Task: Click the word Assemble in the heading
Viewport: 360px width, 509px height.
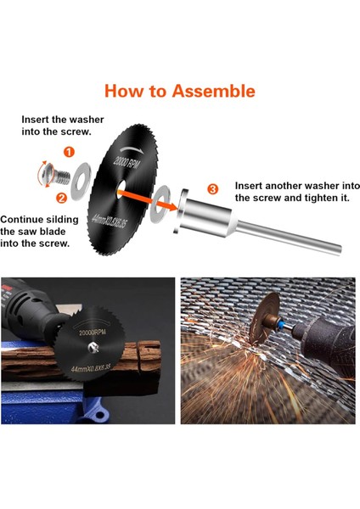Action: coord(213,91)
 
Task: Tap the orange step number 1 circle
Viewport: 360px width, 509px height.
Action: coord(69,152)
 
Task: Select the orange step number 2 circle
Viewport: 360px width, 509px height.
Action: coord(61,198)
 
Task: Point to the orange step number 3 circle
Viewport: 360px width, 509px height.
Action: coord(212,189)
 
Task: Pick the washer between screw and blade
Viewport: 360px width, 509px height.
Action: coord(81,182)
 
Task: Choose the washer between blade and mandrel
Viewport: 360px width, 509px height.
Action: coord(160,204)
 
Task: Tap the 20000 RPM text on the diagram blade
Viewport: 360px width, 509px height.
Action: coord(126,162)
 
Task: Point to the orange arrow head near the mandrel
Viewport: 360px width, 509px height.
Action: coord(172,206)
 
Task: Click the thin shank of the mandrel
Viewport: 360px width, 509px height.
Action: coord(288,238)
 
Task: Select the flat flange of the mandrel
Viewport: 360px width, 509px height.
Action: coord(181,211)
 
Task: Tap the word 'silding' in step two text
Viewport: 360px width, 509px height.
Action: coord(62,220)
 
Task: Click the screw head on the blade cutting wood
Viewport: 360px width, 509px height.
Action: coord(94,348)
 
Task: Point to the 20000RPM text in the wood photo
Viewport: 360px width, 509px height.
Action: coord(93,333)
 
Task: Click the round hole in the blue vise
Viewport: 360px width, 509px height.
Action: coord(100,415)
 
